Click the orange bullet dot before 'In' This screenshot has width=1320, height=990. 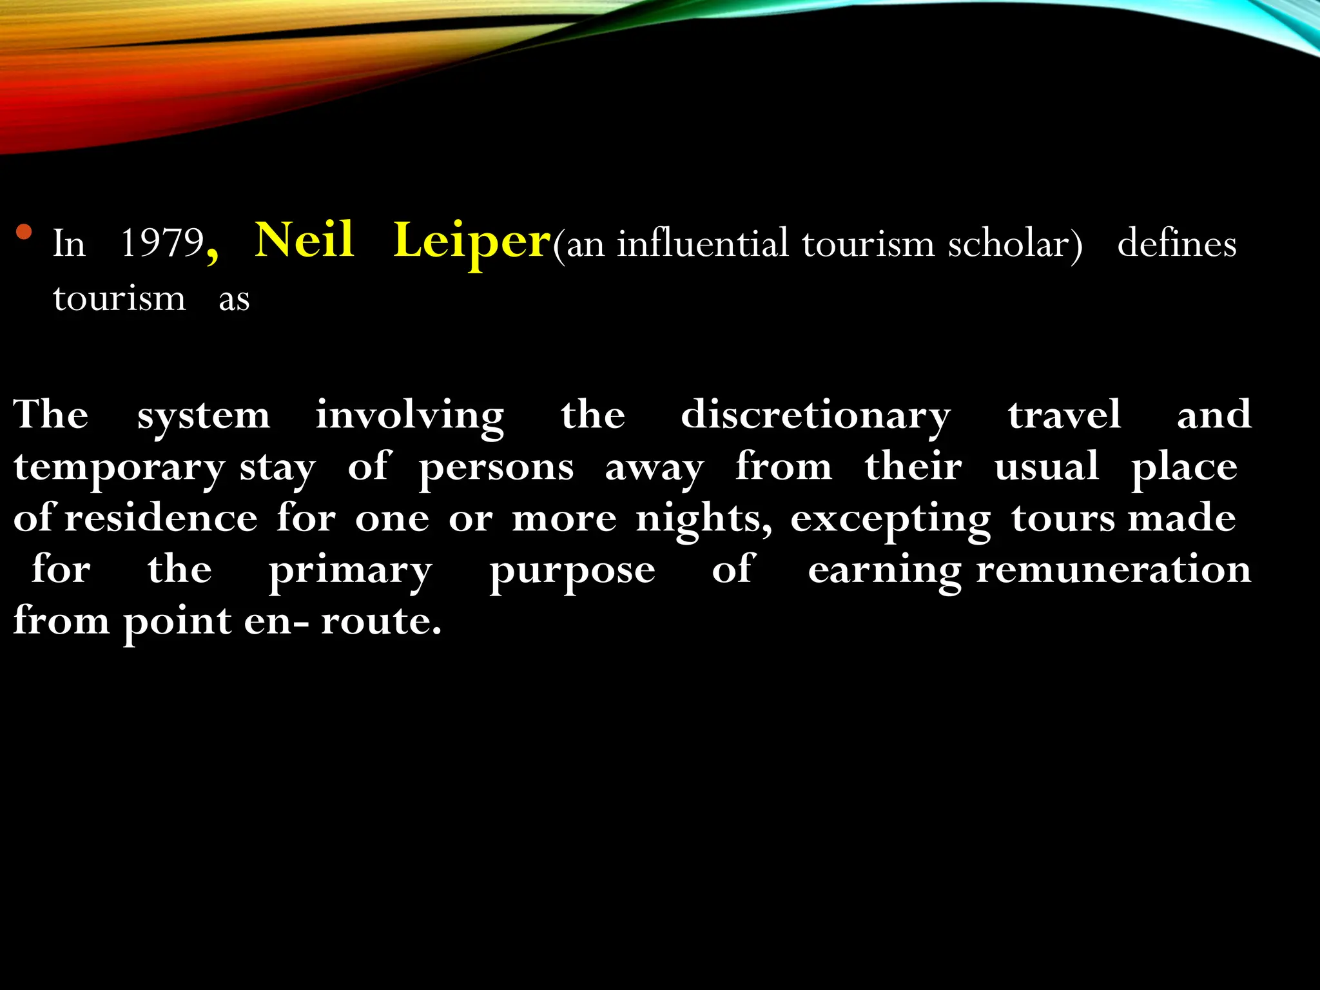click(x=24, y=231)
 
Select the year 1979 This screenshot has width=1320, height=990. click(x=162, y=244)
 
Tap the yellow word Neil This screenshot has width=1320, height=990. click(x=304, y=240)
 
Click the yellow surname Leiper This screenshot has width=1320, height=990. click(x=472, y=242)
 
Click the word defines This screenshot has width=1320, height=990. click(x=1176, y=244)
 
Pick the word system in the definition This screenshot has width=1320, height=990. click(x=204, y=416)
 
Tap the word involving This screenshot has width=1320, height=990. click(x=410, y=416)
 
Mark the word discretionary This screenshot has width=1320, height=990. click(x=815, y=416)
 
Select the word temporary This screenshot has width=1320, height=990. click(x=119, y=468)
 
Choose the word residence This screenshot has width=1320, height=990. click(x=161, y=518)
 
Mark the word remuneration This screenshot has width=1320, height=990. click(x=1113, y=570)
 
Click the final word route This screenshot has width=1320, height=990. click(x=380, y=621)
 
